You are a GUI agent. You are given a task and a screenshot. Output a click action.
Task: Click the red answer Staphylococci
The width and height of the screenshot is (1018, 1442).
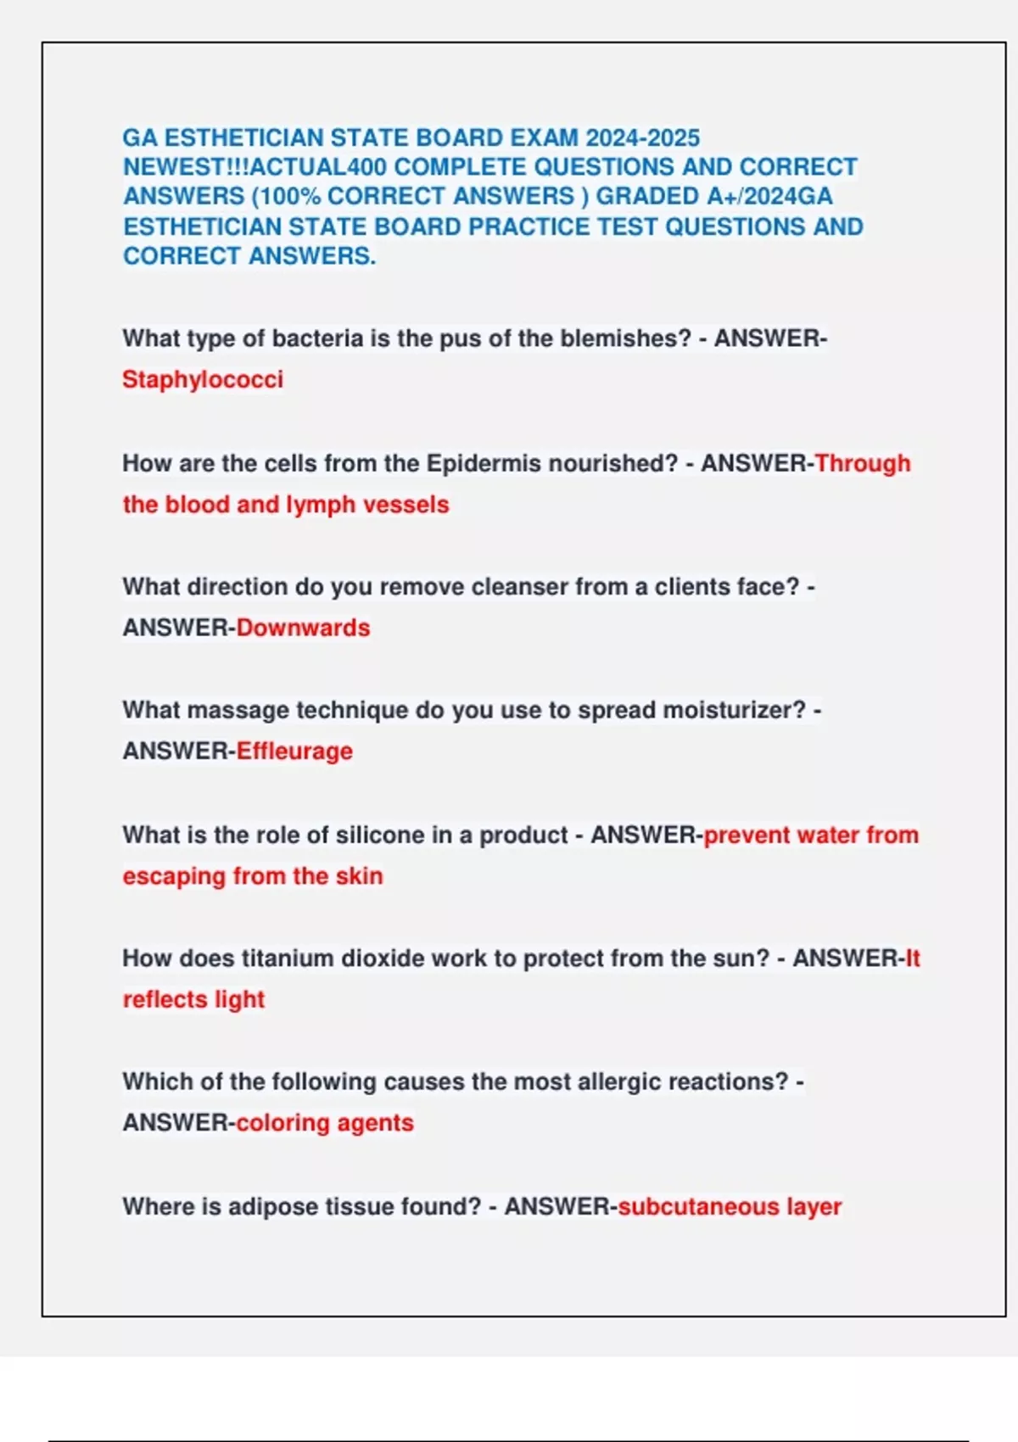point(203,379)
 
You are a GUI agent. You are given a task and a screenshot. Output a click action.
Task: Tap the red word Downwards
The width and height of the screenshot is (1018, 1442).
point(303,628)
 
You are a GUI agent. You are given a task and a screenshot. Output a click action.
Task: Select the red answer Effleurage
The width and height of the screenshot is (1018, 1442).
point(294,752)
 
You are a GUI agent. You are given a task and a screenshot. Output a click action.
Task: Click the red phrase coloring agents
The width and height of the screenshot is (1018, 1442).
point(325,1123)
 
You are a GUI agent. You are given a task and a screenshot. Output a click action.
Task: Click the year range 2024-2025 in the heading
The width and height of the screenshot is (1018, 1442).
point(642,137)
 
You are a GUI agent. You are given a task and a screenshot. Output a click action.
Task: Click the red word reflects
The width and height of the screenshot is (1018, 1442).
point(165,999)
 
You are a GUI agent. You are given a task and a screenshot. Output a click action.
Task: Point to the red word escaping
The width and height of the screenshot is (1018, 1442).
point(174,876)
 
